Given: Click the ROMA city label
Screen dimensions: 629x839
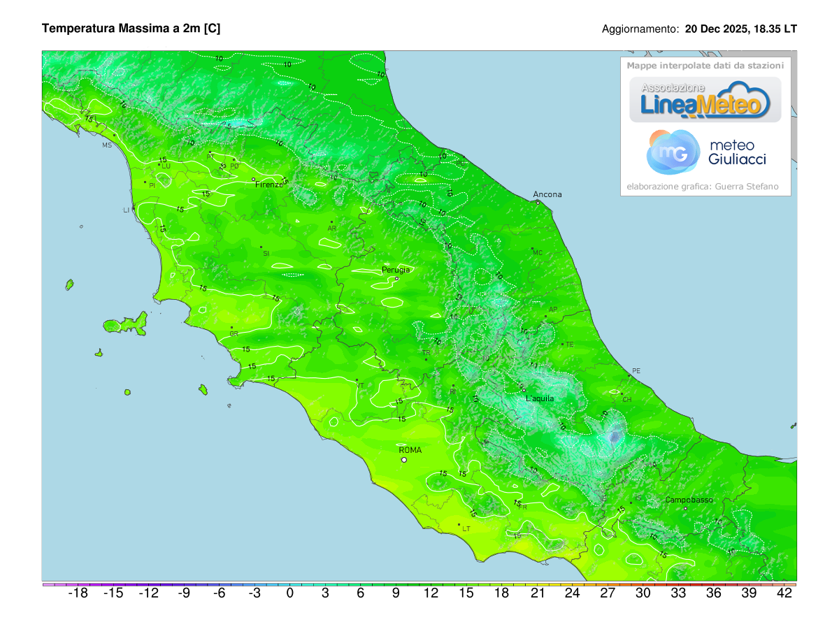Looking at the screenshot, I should coord(410,450).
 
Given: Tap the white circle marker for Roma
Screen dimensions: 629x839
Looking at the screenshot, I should coord(403,460).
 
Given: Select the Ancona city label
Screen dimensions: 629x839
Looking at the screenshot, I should coord(547,194).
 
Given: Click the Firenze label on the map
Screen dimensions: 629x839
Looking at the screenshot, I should coord(269,185).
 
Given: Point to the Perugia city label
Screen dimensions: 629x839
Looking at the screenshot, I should coord(396,270).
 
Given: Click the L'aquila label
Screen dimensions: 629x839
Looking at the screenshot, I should coord(540,398).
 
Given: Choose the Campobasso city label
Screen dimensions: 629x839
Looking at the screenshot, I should coord(689,500).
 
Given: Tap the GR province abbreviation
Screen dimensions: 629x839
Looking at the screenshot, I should coord(234,334).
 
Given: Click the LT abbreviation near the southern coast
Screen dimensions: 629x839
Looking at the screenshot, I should coord(466,529).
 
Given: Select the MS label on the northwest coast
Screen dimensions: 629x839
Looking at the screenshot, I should coord(107,145).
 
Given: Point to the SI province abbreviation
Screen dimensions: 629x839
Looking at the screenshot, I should coord(266,254).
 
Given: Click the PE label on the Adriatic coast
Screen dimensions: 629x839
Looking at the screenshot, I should coord(636,370).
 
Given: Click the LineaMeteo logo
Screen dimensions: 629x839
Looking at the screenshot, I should coord(705,100).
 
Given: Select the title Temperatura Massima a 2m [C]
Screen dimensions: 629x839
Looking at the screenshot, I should coord(131,29).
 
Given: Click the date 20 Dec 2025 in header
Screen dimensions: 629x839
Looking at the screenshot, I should coord(716,29).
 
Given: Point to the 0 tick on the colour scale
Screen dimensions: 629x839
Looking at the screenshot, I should coord(289,593).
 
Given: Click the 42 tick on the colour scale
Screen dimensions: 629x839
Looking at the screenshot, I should coord(784,593).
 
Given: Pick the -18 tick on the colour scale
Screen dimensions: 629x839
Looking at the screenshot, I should coord(78,593).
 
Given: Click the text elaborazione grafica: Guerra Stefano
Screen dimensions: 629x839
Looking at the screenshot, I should coord(702,187).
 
